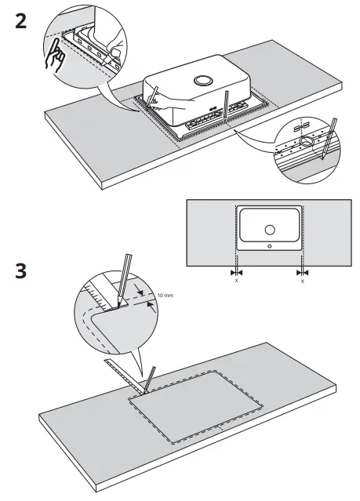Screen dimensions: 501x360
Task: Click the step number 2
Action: coord(22,22)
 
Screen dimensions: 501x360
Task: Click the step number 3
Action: coord(22,273)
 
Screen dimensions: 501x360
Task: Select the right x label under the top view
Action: coord(302,279)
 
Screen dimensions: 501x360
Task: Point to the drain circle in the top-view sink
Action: coord(269,230)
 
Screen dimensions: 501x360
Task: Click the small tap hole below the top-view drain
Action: coord(269,245)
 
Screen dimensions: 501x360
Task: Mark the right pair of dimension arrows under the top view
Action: coord(302,271)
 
